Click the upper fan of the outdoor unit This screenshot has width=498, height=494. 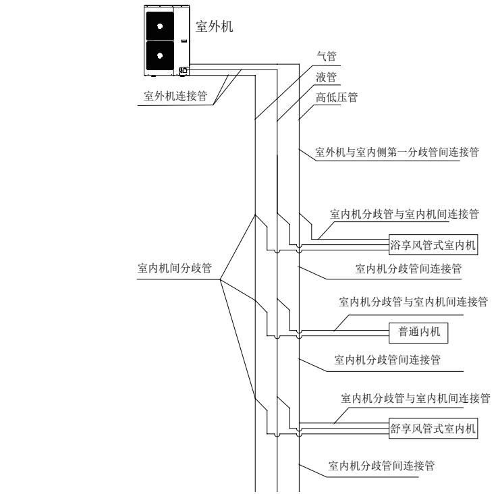point(161,25)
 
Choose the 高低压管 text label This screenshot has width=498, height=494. point(337,98)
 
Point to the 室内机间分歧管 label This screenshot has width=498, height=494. point(174,269)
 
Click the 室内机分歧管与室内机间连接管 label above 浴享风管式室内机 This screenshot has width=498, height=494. point(404,214)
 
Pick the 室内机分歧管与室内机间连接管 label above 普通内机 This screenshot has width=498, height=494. point(413,301)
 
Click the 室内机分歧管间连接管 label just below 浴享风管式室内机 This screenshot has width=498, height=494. point(408,269)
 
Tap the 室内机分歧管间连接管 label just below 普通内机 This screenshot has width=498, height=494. point(387,360)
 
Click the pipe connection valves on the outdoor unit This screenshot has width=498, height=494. point(184,69)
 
